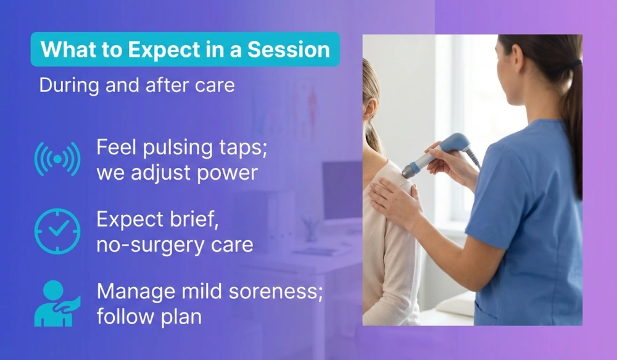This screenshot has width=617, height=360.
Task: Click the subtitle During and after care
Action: pyautogui.click(x=136, y=85)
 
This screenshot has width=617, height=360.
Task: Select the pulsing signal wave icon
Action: pyautogui.click(x=57, y=159)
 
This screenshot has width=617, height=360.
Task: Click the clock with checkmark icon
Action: pyautogui.click(x=57, y=231)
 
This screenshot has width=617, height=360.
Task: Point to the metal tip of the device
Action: pyautogui.click(x=408, y=172)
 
